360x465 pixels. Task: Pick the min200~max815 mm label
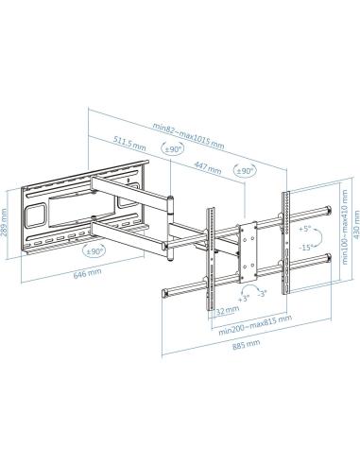click(254, 331)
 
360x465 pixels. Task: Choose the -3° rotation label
click(264, 293)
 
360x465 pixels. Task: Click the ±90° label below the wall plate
click(94, 251)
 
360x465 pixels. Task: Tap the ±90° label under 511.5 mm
click(173, 149)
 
